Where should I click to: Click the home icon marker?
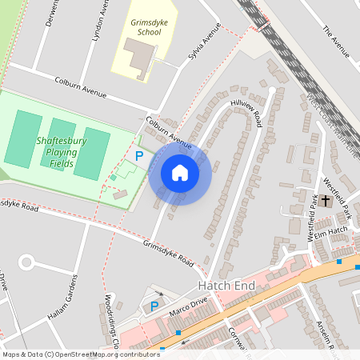(180, 173)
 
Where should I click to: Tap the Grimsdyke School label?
(145, 28)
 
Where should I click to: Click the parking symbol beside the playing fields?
(139, 157)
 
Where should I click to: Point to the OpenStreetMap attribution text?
(81, 354)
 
